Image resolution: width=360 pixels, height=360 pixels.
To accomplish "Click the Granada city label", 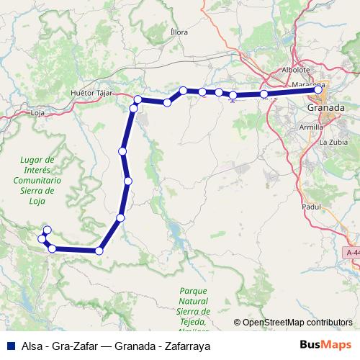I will pyautogui.click(x=325, y=107).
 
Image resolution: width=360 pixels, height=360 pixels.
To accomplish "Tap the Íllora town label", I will pyautogui.click(x=179, y=32).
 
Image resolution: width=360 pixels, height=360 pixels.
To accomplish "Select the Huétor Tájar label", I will pyautogui.click(x=94, y=94).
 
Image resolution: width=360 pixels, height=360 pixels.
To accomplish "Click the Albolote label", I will pyautogui.click(x=295, y=70).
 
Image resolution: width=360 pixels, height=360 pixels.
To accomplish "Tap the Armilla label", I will pyautogui.click(x=311, y=127).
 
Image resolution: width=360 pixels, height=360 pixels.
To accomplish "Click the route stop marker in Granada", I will pyautogui.click(x=318, y=90).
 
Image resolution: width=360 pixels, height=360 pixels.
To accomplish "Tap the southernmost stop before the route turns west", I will pyautogui.click(x=99, y=251).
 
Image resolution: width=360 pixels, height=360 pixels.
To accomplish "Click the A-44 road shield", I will pyautogui.click(x=353, y=253).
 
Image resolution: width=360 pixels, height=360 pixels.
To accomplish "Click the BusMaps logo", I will pyautogui.click(x=325, y=345).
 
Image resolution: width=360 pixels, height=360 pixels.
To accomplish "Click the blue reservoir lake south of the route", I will pyautogui.click(x=175, y=233).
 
